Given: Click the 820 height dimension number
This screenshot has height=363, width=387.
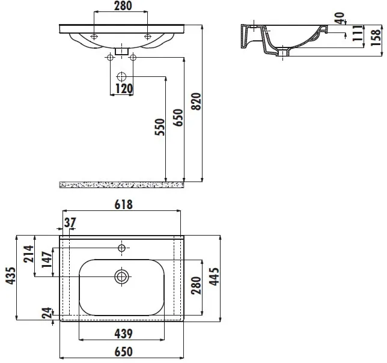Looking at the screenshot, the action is coord(197,102).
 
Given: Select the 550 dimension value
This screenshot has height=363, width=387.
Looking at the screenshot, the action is coord(160,127).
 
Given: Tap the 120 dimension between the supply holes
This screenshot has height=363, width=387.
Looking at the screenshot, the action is coord(124,89).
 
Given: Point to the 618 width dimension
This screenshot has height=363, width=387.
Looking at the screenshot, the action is coord(123,204).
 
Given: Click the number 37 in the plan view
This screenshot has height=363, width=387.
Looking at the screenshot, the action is coord(70,222).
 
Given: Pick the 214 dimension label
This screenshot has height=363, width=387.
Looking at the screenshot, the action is coord(28,254).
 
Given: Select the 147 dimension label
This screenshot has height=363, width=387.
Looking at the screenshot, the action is coord(46,260).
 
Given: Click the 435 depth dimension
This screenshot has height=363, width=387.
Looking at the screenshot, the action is coord(11,275).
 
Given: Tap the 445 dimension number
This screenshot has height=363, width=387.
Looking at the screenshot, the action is coord(214,276).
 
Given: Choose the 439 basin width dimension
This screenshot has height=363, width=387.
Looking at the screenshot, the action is coord(123,334).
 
